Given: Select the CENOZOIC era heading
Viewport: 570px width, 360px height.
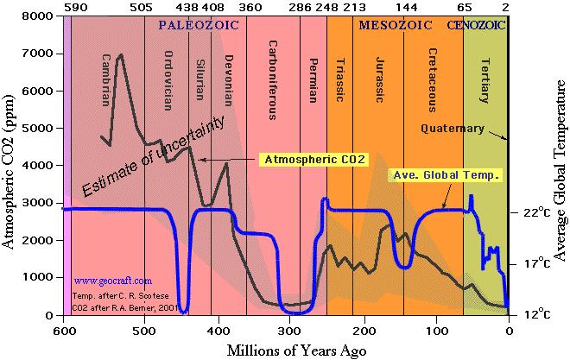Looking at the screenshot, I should (476, 26).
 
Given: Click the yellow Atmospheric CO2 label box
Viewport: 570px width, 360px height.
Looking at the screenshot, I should (314, 159).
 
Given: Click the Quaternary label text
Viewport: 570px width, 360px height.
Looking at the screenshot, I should (453, 129).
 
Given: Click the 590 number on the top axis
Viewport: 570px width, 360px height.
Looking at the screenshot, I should (73, 7).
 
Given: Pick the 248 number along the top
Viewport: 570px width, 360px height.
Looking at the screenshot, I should (326, 7).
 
